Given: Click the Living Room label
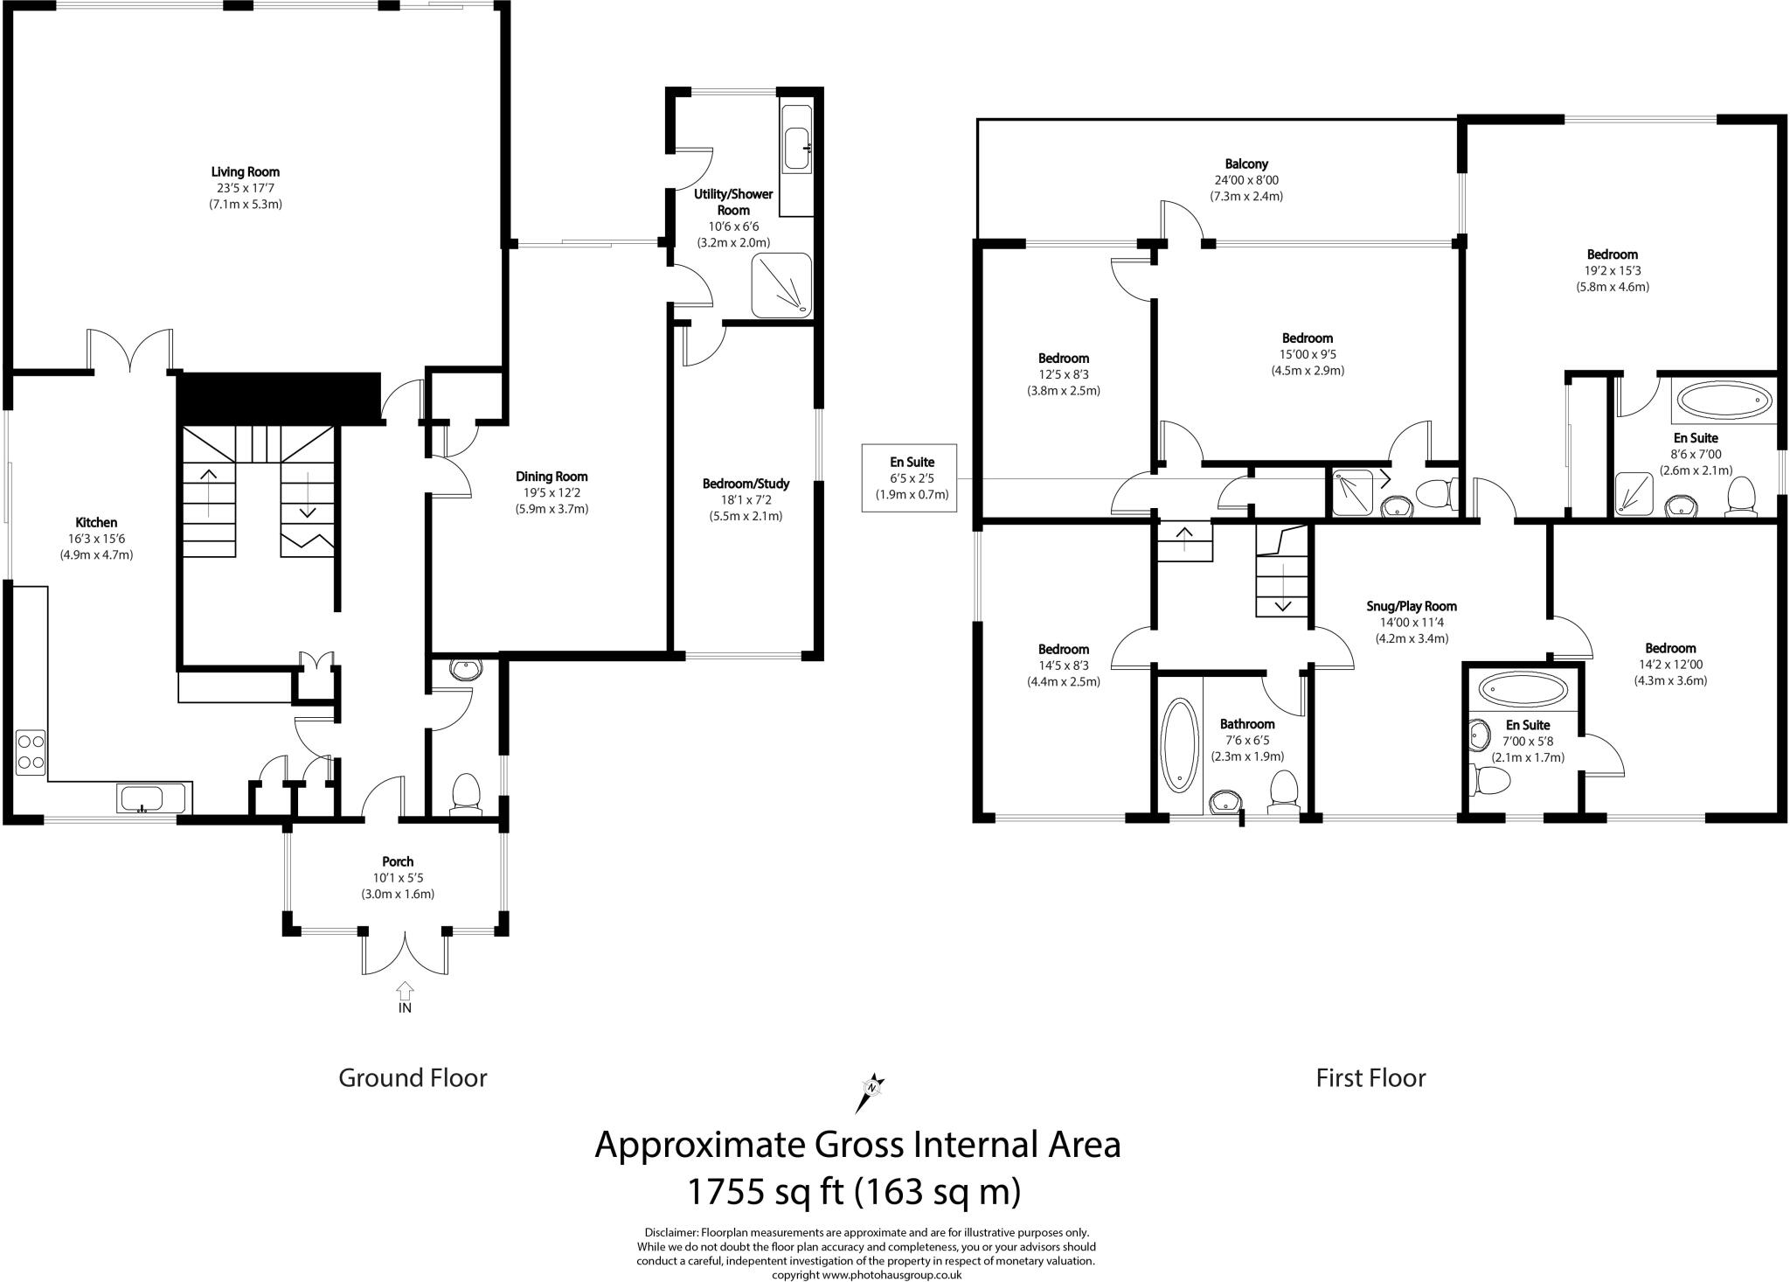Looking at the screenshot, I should (x=245, y=171).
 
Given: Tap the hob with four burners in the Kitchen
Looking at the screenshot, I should (x=31, y=752).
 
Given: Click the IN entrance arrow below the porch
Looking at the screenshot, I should (x=405, y=996).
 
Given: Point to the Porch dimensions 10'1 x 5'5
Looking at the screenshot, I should (x=398, y=878).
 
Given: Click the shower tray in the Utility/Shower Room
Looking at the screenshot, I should (x=782, y=286).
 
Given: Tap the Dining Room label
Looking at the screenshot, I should (x=551, y=477).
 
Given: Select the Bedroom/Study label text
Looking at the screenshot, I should (x=746, y=484).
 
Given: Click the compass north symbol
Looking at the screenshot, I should (x=871, y=1088).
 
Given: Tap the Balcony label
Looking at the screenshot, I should (x=1245, y=164).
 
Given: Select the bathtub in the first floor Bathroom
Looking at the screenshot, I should (x=1180, y=745).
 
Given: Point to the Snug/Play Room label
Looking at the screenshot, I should (x=1412, y=606).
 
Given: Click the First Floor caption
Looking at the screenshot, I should (x=1370, y=1078).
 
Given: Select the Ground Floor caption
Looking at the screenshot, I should (x=413, y=1078).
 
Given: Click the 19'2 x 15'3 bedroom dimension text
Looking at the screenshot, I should (x=1613, y=271).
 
